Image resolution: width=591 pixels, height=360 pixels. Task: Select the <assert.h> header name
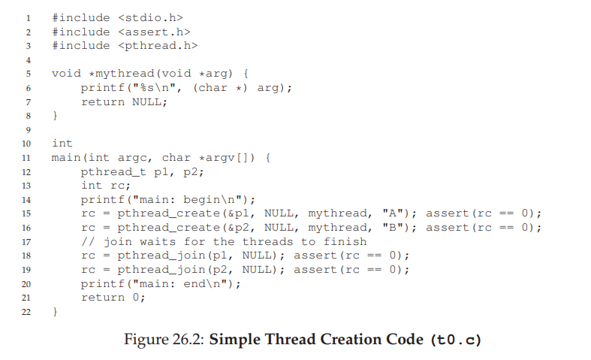[154, 32]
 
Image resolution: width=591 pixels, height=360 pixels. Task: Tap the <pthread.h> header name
[158, 46]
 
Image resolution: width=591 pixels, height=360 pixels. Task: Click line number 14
[26, 200]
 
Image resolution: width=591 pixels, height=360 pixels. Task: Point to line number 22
[26, 312]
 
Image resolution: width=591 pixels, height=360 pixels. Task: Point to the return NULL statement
[124, 102]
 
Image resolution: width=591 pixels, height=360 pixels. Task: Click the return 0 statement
[113, 298]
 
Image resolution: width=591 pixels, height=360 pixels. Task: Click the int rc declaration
[106, 186]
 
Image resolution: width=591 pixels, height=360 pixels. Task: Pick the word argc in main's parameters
[128, 158]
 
